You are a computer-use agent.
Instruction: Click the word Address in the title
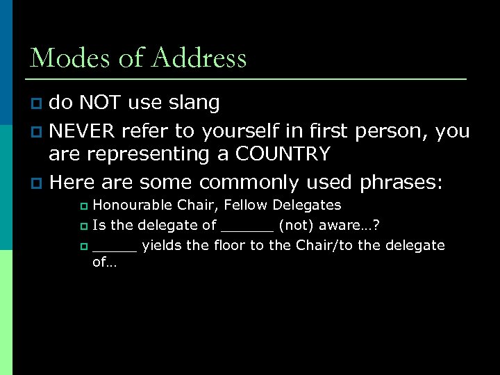201,58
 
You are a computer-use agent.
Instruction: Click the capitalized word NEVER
83,131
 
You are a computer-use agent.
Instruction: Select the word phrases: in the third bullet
401,182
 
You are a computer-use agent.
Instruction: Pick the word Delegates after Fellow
307,205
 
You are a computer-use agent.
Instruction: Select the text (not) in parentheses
298,225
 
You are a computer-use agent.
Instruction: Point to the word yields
161,246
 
